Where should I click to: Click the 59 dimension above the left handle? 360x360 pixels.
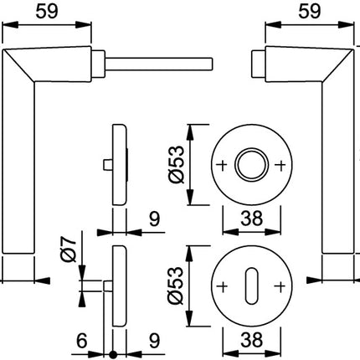47,12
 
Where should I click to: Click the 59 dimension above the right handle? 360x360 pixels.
310,12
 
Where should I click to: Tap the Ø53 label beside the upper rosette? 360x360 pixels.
177,165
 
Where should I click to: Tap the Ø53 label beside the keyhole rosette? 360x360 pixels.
176,285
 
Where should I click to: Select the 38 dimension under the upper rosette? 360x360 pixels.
252,218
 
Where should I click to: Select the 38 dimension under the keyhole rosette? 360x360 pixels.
252,340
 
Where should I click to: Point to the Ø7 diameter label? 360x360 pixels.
69,249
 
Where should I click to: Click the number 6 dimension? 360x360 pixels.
82,341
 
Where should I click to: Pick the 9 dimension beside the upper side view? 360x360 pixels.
154,219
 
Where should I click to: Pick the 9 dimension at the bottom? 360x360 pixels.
154,341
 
